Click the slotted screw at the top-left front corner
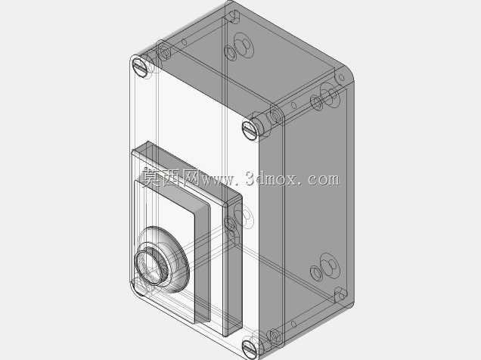click(140, 67)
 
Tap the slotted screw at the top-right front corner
click(250, 130)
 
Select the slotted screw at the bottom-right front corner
click(250, 348)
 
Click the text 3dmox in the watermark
click(271, 178)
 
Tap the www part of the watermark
click(217, 180)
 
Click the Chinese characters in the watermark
click(171, 177)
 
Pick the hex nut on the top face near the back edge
click(244, 45)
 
